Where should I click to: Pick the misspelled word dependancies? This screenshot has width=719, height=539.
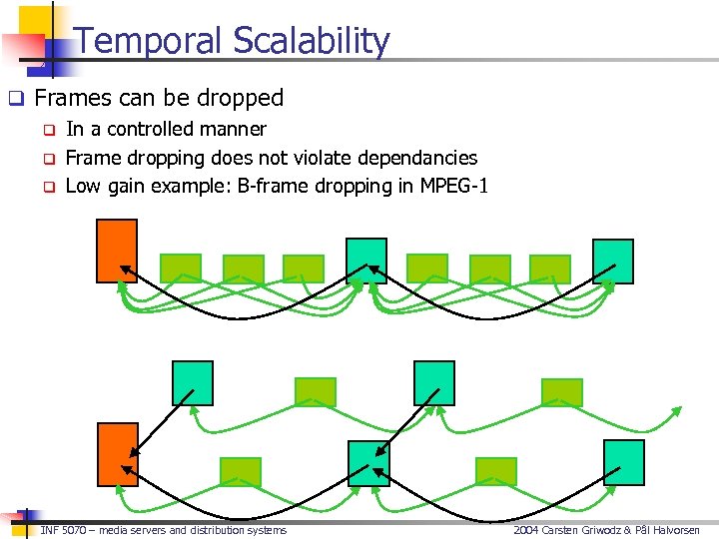click(x=416, y=158)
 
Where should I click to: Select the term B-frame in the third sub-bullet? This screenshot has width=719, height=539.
click(x=274, y=186)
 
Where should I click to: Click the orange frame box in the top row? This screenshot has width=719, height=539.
click(x=116, y=251)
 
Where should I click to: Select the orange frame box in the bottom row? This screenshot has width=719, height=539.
click(x=117, y=454)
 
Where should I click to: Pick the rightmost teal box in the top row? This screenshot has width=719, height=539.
click(x=612, y=262)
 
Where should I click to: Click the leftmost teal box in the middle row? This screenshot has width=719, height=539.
click(x=193, y=383)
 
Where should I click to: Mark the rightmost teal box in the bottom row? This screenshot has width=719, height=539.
click(x=624, y=462)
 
